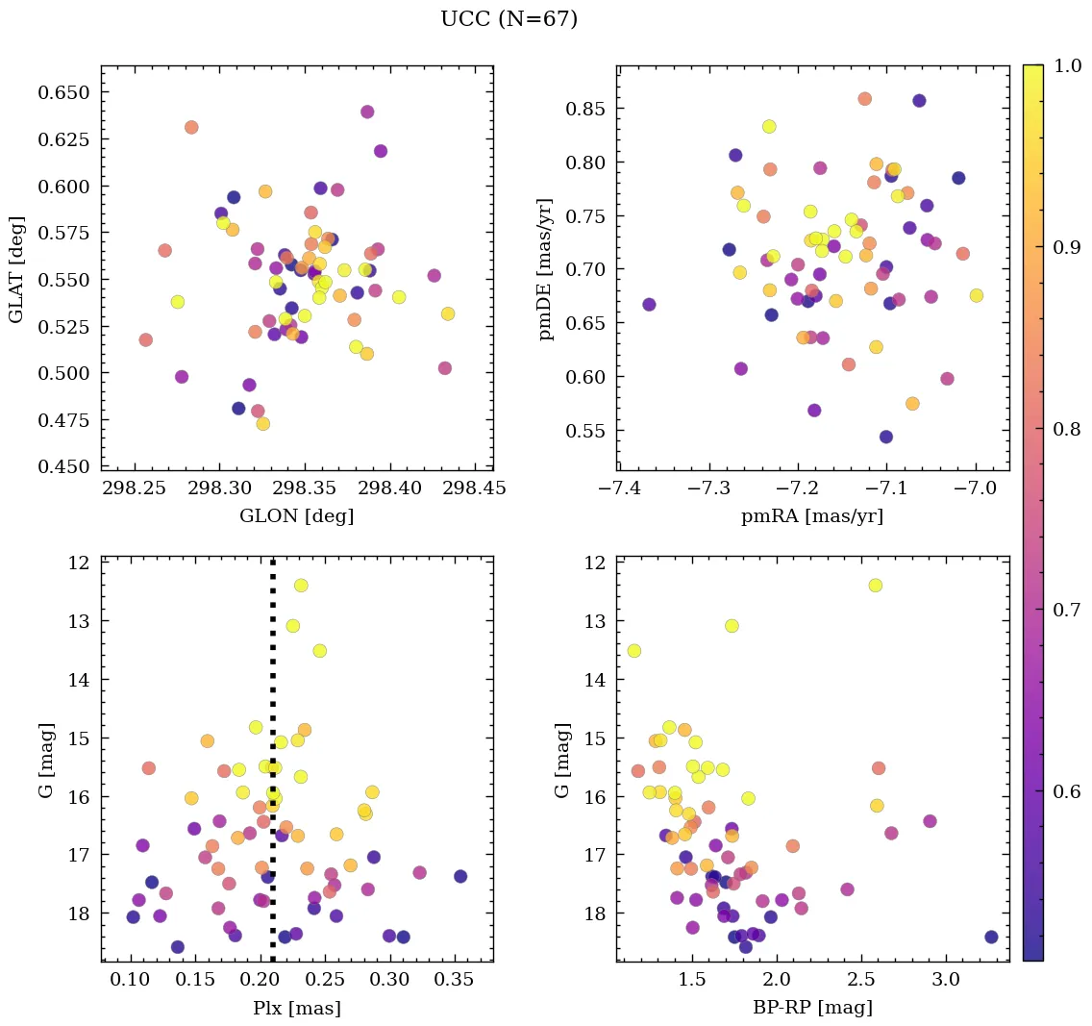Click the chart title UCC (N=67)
[x=509, y=19]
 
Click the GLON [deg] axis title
[x=296, y=516]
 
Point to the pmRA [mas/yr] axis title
[x=812, y=516]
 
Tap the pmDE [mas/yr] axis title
[x=546, y=267]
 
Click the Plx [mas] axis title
[x=296, y=1008]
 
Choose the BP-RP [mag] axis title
[x=812, y=1008]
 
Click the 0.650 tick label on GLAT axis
[x=65, y=92]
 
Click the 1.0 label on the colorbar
[x=1067, y=65]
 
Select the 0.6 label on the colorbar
[x=1067, y=790]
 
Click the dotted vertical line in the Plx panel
[x=273, y=673]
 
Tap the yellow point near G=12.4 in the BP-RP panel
[x=875, y=586]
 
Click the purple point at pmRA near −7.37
[x=649, y=305]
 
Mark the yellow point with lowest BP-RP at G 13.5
[x=633, y=651]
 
